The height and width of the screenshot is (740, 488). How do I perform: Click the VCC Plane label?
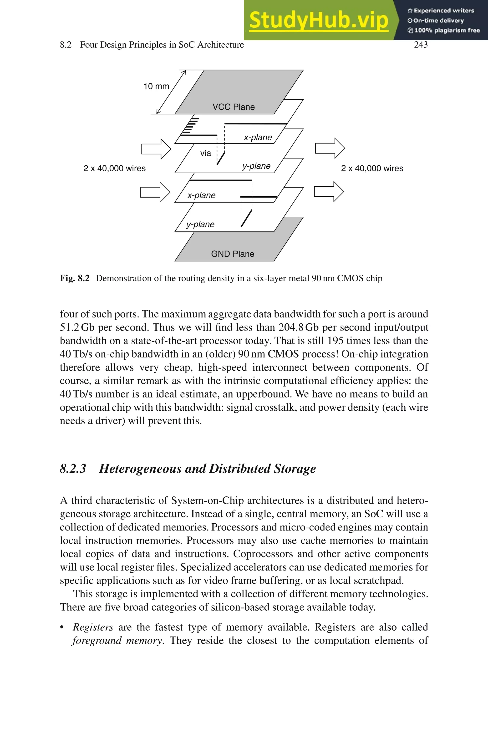click(x=234, y=107)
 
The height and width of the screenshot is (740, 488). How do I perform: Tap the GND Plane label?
click(x=233, y=254)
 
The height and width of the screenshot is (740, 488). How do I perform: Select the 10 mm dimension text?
click(x=156, y=86)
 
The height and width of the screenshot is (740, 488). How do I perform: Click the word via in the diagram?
click(x=205, y=153)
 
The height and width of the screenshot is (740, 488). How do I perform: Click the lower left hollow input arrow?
click(x=155, y=192)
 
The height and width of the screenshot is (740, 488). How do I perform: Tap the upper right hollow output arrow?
click(x=330, y=148)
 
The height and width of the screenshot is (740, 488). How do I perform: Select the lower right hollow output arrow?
click(x=329, y=192)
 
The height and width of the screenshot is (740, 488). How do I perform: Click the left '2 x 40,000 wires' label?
click(x=115, y=168)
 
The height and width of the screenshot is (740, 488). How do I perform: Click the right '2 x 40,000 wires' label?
click(x=372, y=168)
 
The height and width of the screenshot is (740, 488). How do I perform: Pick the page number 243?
click(x=421, y=45)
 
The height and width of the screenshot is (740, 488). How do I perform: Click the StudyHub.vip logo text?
click(x=318, y=20)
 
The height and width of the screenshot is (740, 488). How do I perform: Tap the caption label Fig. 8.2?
click(x=75, y=278)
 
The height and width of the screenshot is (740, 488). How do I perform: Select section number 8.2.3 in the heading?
click(x=73, y=469)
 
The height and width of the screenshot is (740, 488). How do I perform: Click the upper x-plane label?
click(x=258, y=137)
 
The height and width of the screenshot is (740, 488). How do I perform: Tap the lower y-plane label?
click(x=200, y=224)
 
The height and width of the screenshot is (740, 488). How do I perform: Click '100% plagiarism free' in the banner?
click(x=447, y=30)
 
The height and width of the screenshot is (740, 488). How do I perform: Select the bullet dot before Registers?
click(x=62, y=627)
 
